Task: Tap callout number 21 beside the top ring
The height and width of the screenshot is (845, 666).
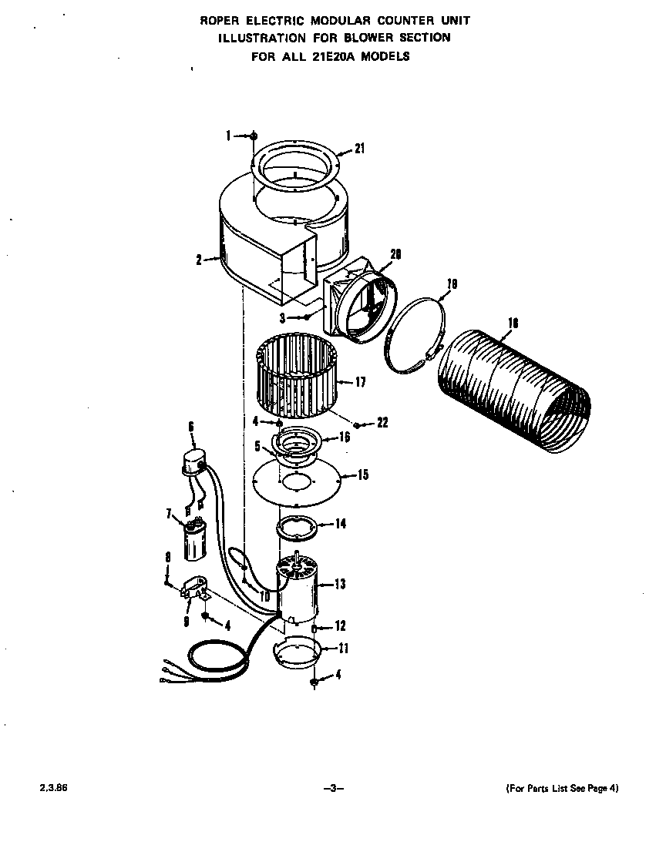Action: [x=359, y=149]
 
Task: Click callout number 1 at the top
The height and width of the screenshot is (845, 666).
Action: [x=229, y=136]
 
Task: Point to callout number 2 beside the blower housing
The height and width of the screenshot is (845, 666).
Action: [x=199, y=260]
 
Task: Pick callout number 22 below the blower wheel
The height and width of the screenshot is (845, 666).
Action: [x=382, y=422]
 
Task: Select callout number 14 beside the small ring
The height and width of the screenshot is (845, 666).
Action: [x=340, y=524]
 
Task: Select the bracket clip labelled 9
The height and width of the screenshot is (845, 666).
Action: [x=196, y=589]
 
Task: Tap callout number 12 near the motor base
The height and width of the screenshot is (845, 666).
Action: [x=340, y=626]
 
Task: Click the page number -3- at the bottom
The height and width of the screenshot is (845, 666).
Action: [x=332, y=788]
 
